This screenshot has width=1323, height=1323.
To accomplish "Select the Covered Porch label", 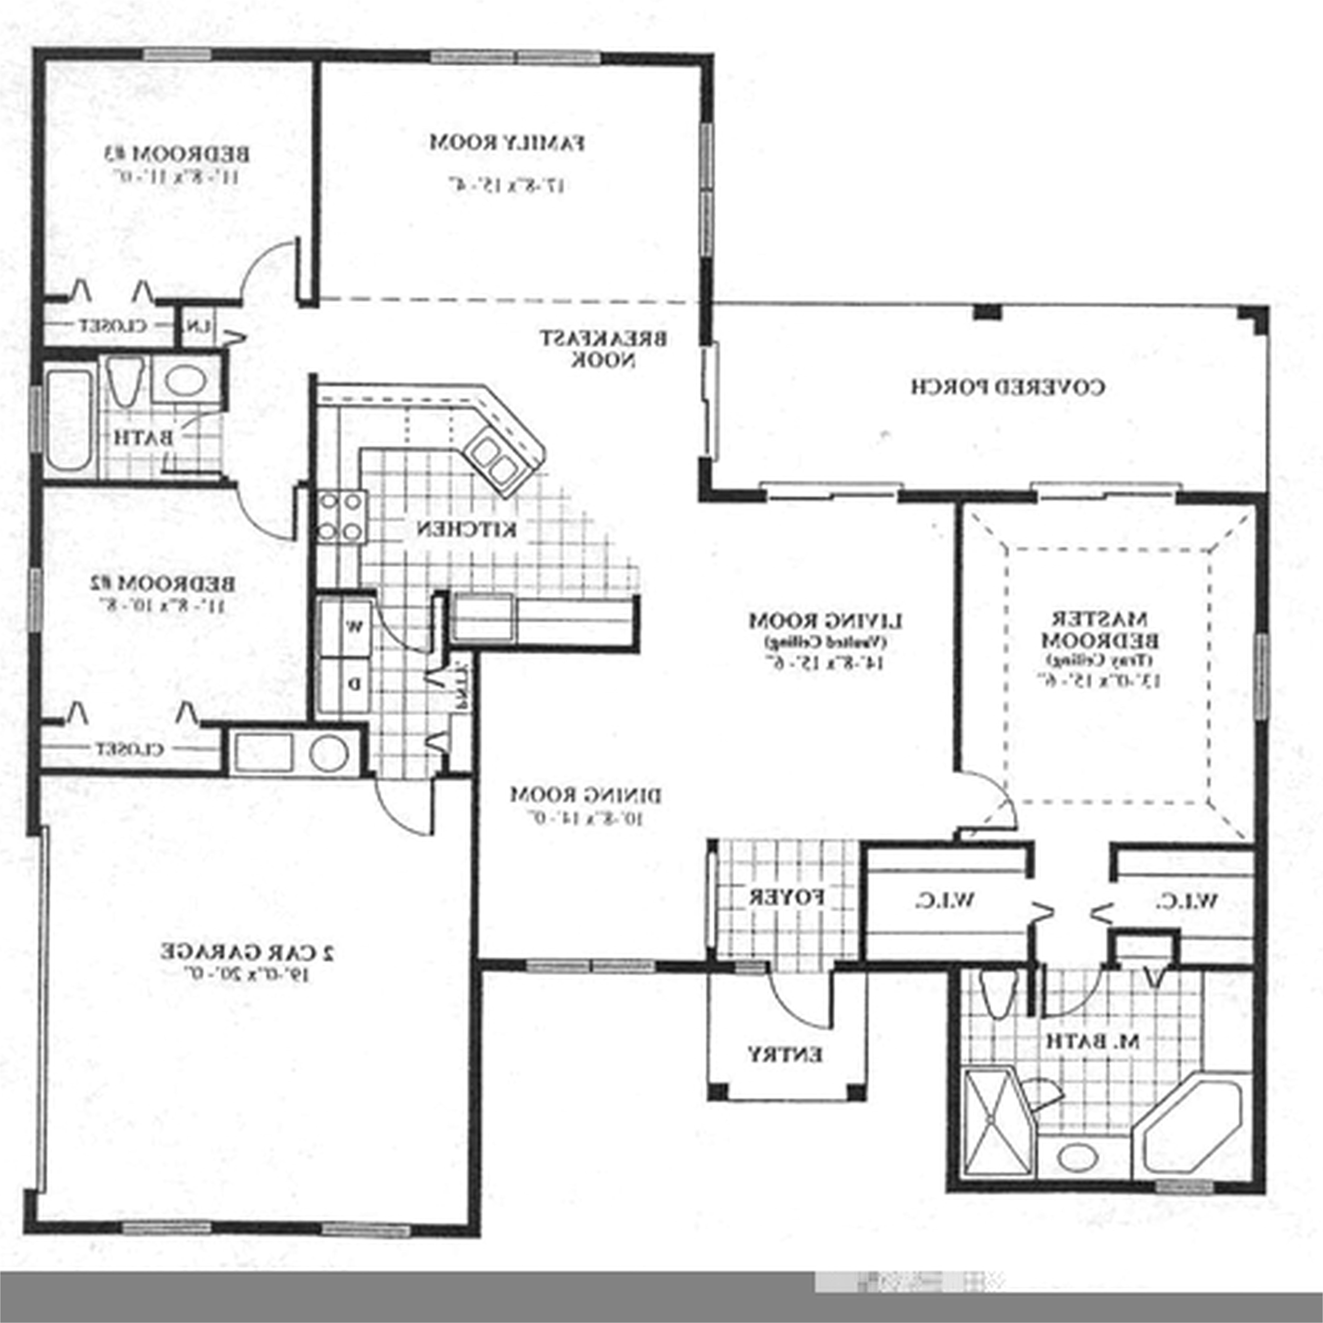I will [x=1007, y=387].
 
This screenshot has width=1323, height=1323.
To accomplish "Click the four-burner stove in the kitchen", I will [x=340, y=517].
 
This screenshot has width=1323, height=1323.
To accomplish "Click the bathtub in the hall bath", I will [x=69, y=419].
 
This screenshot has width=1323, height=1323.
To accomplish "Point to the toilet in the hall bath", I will [x=125, y=382].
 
